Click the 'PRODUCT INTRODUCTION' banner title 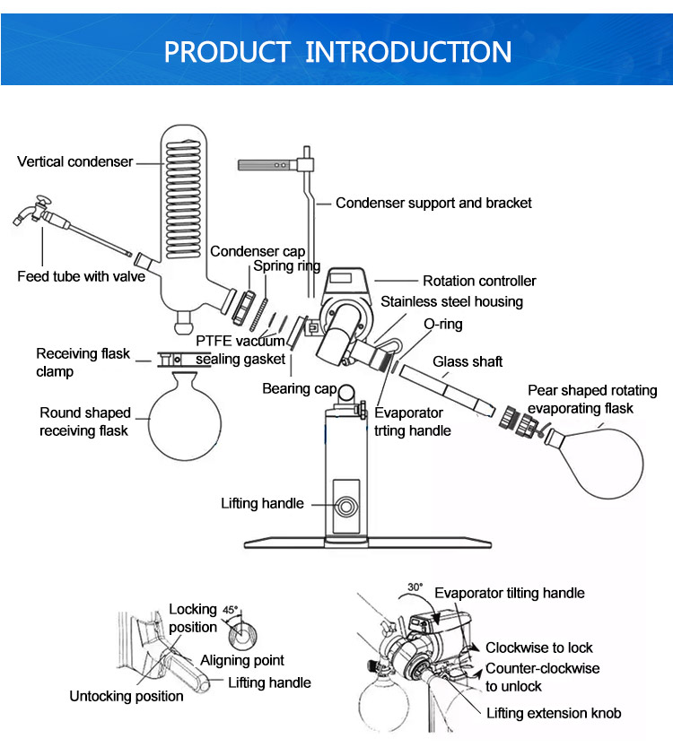(336, 51)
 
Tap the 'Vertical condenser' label (75, 162)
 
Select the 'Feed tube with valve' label (81, 276)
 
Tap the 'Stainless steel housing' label (451, 301)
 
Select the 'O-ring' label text (444, 324)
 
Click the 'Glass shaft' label (468, 361)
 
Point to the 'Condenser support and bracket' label (433, 203)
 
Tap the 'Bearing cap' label (299, 388)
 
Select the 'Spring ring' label (286, 265)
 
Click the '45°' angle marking (231, 610)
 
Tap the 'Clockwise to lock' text (539, 647)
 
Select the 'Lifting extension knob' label (554, 713)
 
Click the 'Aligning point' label (242, 660)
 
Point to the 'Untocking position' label (127, 696)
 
